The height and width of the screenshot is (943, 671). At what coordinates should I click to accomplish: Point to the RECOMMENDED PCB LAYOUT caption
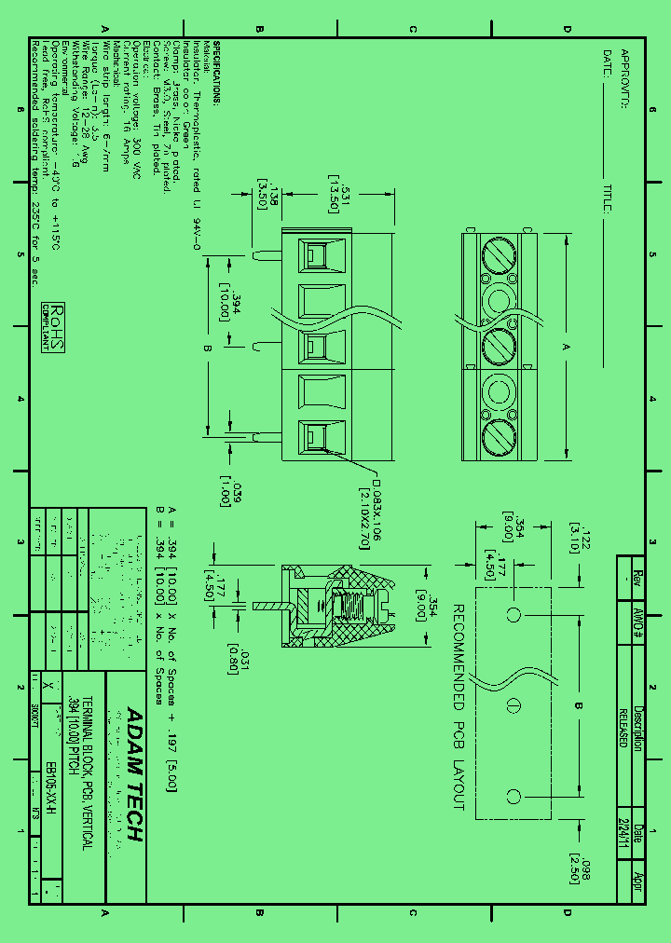459,706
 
